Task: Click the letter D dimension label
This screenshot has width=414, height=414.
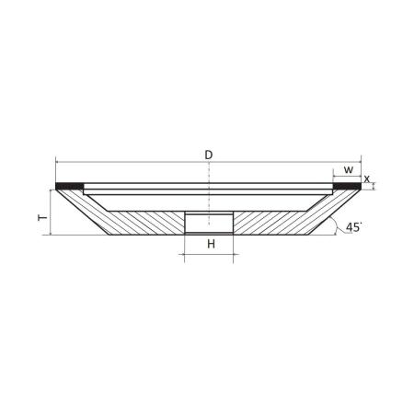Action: click(x=209, y=155)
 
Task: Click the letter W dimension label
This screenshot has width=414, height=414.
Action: click(x=349, y=169)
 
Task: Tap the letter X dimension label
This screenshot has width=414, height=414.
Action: click(x=367, y=179)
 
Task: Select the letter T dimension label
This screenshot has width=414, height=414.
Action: click(x=42, y=218)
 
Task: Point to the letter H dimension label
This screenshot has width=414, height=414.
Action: click(x=211, y=244)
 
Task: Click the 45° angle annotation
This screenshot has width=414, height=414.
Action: click(x=353, y=227)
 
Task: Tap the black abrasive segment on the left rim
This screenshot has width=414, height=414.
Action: click(x=69, y=186)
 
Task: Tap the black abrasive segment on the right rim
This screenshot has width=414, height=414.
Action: click(x=347, y=186)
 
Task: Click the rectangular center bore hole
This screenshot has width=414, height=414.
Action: click(x=209, y=223)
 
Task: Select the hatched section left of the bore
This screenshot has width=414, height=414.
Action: click(x=144, y=223)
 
